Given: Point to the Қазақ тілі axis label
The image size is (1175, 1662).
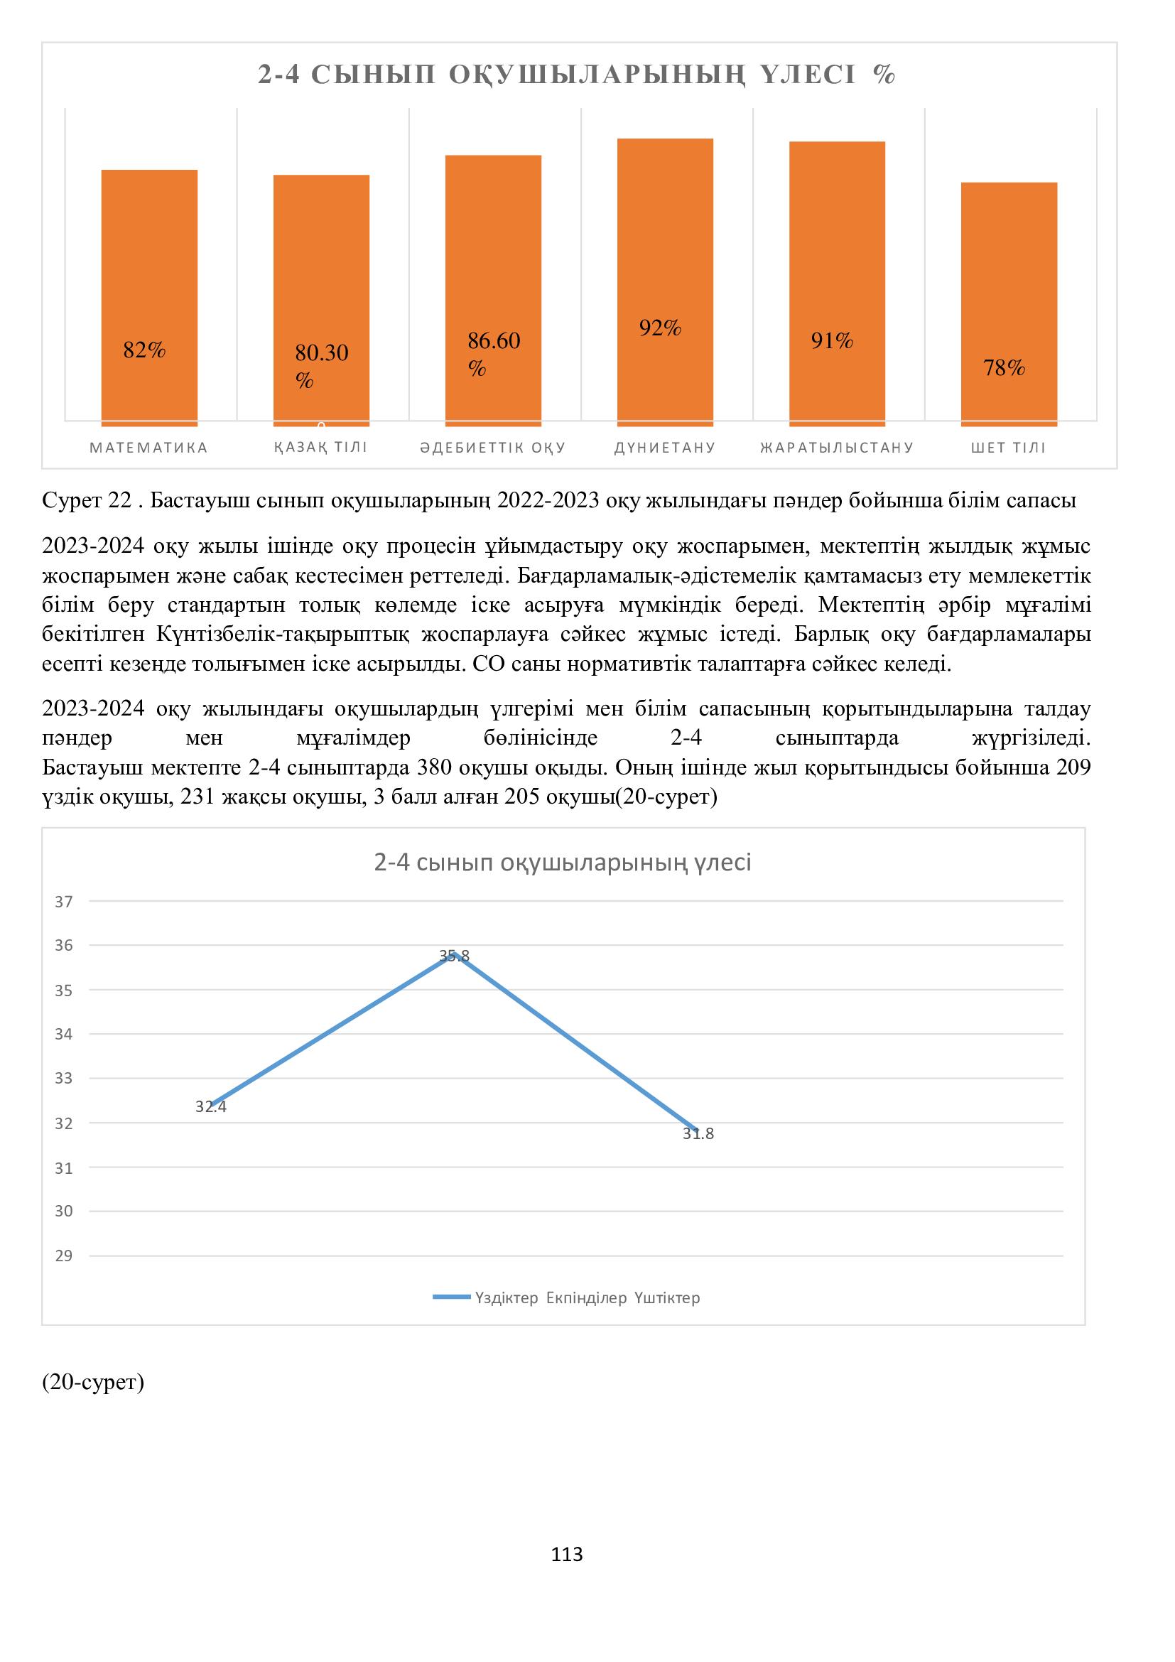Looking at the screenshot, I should pyautogui.click(x=320, y=448).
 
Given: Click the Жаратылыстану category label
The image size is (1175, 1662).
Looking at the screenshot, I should pyautogui.click(x=837, y=448).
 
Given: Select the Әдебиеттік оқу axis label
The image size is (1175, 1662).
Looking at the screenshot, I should pyautogui.click(x=493, y=448).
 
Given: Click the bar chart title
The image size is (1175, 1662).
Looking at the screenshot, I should pyautogui.click(x=577, y=75).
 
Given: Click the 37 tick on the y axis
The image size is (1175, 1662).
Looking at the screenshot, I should pyautogui.click(x=65, y=901).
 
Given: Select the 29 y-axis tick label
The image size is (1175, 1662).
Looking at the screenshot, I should pyautogui.click(x=65, y=1256).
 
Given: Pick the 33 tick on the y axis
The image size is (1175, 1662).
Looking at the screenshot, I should pyautogui.click(x=65, y=1079).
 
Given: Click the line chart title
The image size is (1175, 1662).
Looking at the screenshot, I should pyautogui.click(x=562, y=862).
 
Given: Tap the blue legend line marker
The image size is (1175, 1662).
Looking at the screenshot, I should pyautogui.click(x=452, y=1298).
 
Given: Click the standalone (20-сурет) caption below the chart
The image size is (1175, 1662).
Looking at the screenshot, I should pyautogui.click(x=93, y=1382).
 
